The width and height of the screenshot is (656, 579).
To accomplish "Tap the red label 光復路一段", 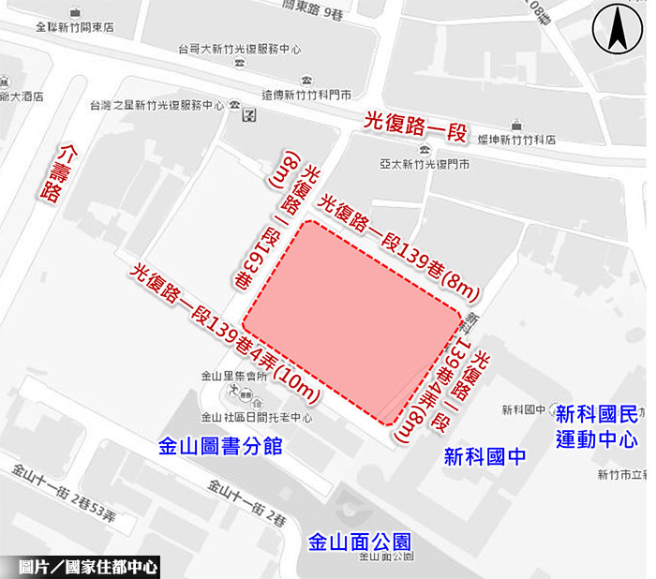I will pos(414,125).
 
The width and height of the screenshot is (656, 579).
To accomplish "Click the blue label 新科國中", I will pos(486,457).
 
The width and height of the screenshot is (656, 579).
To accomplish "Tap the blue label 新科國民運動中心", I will pos(596,426).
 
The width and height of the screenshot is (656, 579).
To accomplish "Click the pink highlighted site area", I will pos(355,319).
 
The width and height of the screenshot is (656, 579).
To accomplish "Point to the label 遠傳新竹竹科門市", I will pos(306,95).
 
